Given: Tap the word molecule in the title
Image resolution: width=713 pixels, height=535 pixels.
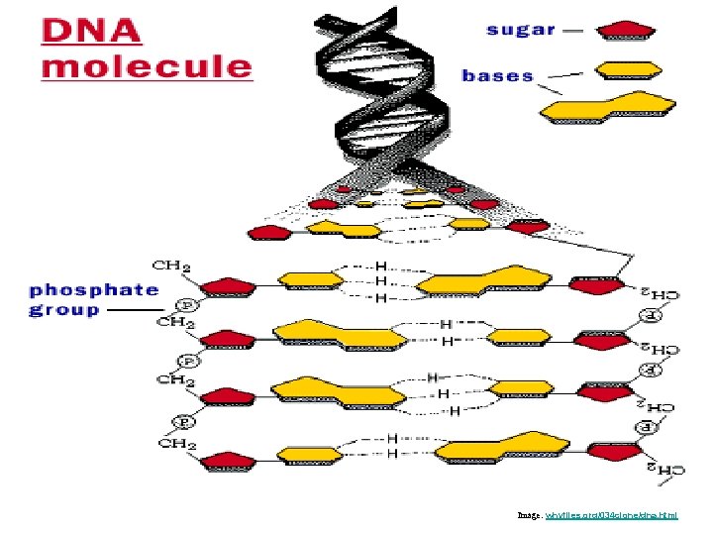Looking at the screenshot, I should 147,66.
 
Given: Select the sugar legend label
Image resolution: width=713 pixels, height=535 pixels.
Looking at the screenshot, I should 521,29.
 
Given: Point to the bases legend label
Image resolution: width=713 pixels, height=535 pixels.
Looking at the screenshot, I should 497,75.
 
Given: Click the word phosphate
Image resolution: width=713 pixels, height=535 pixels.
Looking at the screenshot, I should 94,289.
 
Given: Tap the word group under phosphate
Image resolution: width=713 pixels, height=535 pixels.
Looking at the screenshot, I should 64,309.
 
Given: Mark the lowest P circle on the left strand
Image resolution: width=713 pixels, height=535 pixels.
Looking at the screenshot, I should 182,421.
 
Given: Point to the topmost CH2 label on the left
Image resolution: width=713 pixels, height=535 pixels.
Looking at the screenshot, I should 171,266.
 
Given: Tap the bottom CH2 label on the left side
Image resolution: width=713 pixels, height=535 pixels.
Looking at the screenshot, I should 179,443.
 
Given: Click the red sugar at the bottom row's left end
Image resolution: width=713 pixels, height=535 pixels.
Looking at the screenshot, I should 228,461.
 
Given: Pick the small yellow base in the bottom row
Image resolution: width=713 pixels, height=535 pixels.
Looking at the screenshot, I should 313,454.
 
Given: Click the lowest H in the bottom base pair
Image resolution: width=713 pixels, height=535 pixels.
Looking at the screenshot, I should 392,454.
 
